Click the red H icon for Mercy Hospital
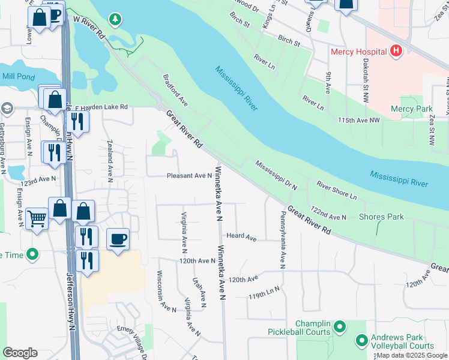pyautogui.click(x=396, y=52)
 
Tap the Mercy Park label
pyautogui.click(x=411, y=109)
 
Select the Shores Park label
pyautogui.click(x=381, y=217)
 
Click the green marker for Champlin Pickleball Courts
pyautogui.click(x=340, y=328)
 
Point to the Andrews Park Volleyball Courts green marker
pyautogui.click(x=361, y=341)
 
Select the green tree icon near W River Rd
pyautogui.click(x=115, y=20)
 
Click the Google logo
pyautogui.click(x=20, y=353)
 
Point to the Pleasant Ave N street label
pyautogui.click(x=189, y=176)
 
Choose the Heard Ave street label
pyautogui.click(x=241, y=236)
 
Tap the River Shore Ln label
pyautogui.click(x=337, y=191)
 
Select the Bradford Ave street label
pyautogui.click(x=175, y=91)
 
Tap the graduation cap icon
pyautogui.click(x=7, y=109)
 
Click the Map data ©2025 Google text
pyautogui.click(x=412, y=355)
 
